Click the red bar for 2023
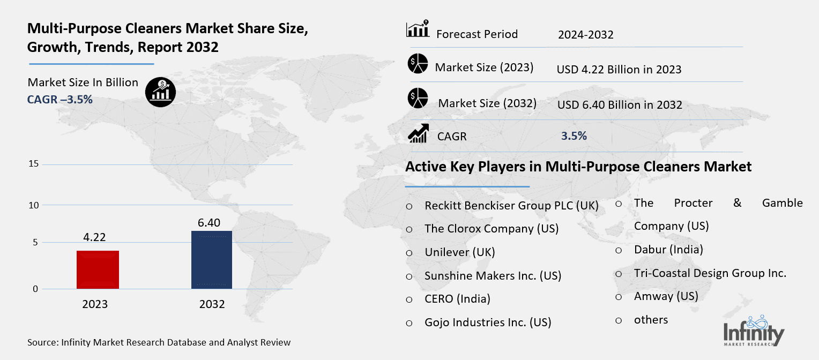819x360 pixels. pos(98,269)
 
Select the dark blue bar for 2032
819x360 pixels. pos(212,260)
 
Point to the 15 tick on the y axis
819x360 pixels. pos(34,164)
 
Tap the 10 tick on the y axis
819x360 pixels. pos(34,205)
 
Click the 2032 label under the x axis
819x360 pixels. pos(212,304)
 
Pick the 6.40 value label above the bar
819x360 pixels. pos(209,222)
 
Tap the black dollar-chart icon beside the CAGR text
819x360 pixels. pos(160,92)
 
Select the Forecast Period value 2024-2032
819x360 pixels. pos(585,35)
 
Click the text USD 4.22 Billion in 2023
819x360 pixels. pos(619,70)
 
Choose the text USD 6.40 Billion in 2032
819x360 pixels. pos(620,105)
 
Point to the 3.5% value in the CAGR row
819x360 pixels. pos(574,136)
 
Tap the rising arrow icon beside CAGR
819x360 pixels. pos(418,133)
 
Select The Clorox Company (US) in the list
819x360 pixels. pos(492,229)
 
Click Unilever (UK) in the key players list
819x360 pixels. pos(459,252)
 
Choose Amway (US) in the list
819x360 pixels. pos(666,296)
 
